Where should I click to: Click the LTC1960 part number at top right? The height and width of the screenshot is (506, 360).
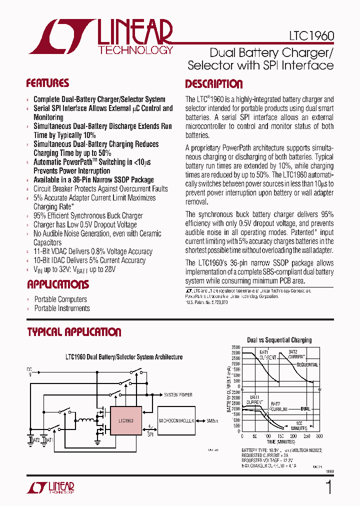point(311,36)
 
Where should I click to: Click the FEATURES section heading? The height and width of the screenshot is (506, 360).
point(47,83)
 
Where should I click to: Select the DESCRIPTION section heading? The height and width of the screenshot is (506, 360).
point(213,84)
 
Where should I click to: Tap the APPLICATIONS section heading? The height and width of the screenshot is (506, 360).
point(57,285)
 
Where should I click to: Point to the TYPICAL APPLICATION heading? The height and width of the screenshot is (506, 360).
point(74,332)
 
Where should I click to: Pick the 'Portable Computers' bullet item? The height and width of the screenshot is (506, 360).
point(60,299)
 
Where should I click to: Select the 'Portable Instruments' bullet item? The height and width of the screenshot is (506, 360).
point(61,308)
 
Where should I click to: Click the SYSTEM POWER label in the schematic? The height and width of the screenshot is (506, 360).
point(178,395)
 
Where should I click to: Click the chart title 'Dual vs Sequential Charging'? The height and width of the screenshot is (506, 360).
point(279,340)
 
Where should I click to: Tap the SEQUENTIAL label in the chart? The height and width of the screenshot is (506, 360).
point(307,365)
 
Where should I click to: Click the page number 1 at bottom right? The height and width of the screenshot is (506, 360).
point(328,487)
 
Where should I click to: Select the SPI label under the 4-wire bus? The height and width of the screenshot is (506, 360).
point(149,434)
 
